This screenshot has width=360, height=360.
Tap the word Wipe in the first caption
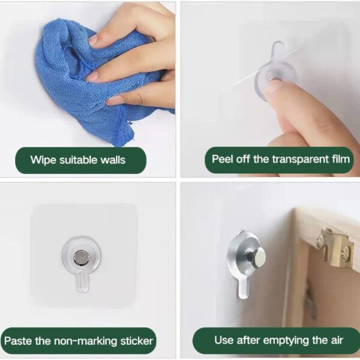click(x=43, y=160)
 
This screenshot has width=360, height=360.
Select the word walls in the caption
click(x=113, y=160)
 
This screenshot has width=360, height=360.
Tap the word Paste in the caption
click(x=19, y=341)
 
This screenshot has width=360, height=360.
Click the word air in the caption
click(x=337, y=340)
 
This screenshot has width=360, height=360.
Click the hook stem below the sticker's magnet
click(x=82, y=281)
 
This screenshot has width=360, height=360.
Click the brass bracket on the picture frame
click(x=335, y=248)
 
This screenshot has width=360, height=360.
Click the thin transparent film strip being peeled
click(x=268, y=66)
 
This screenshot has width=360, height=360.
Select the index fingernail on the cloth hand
click(x=94, y=40)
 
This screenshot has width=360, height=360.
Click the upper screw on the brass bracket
click(x=320, y=241)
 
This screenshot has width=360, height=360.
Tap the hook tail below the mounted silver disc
click(x=242, y=288)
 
